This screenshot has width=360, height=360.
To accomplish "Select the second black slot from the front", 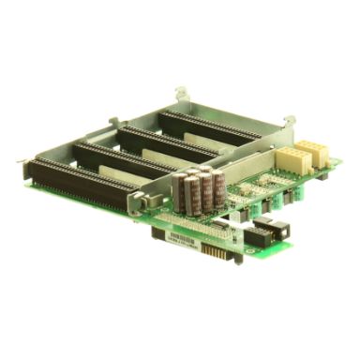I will click(x=122, y=159).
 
